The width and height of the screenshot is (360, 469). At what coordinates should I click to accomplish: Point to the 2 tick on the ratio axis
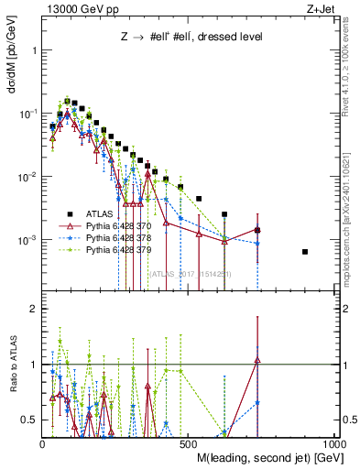tap(32, 309)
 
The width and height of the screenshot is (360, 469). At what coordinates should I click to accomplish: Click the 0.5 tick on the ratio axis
tap(29, 420)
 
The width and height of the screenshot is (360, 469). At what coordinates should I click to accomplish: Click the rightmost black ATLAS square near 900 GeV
tap(305, 252)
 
